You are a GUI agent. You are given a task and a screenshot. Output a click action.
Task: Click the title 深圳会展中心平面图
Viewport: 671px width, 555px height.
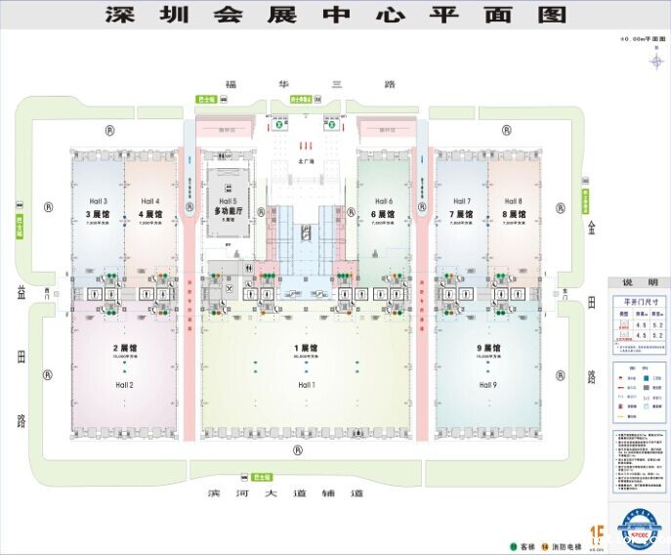point(335,15)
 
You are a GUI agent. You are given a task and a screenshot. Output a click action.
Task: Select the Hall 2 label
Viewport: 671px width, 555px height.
point(124,385)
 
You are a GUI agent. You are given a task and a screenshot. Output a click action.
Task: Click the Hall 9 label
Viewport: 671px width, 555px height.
point(488,385)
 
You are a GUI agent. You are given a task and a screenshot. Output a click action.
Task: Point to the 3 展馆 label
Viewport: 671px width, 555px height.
point(97,213)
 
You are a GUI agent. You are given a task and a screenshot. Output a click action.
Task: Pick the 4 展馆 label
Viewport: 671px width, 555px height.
point(149,213)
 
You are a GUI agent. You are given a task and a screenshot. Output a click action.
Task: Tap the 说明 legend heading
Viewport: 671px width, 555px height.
point(636,283)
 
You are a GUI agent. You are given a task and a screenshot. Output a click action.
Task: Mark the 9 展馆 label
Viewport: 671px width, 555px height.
point(488,348)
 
